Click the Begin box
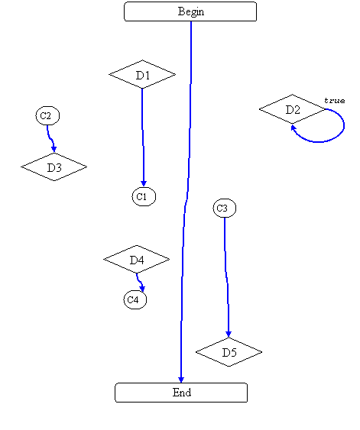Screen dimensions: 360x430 click(190, 11)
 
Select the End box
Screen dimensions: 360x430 click(181, 393)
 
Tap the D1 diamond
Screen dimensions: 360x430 click(142, 74)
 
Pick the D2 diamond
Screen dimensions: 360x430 click(292, 109)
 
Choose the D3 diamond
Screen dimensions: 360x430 click(54, 167)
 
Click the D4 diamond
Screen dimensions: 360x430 click(137, 259)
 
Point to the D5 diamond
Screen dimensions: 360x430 click(229, 352)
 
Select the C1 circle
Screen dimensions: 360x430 click(144, 196)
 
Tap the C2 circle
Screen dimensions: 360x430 click(47, 116)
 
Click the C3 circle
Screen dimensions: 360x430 click(225, 209)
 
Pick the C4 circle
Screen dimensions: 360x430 click(135, 299)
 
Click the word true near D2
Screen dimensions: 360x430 click(335, 101)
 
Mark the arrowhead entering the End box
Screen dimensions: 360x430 click(181, 380)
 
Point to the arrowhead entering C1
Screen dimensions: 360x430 click(144, 184)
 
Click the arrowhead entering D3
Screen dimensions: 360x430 click(54, 150)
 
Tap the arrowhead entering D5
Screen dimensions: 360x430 click(229, 335)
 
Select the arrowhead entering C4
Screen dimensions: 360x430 click(142, 289)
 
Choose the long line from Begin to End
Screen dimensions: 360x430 click(186, 202)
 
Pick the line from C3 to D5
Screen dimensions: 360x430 click(227, 277)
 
